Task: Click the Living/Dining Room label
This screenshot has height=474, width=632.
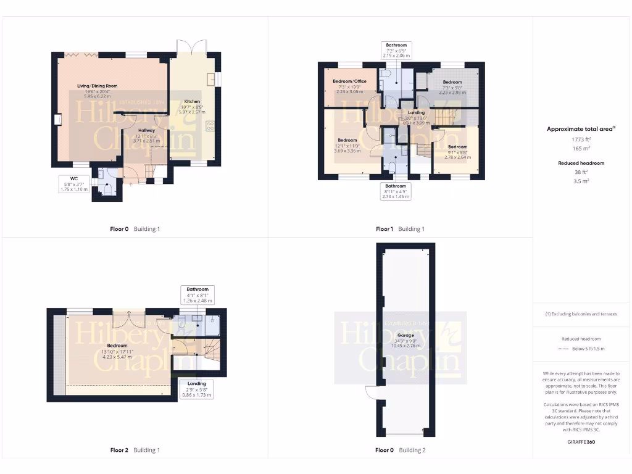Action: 97,86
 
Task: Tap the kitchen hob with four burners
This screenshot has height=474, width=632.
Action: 210,125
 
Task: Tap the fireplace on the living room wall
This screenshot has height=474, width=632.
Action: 57,120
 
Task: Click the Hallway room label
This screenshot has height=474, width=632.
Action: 146,131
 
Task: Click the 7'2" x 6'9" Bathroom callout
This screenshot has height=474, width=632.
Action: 396,50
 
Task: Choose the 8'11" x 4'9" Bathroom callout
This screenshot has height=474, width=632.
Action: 396,191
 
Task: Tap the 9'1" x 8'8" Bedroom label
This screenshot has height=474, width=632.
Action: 457,146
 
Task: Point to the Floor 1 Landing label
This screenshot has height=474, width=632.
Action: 416,112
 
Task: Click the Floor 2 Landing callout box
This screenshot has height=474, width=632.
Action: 197,389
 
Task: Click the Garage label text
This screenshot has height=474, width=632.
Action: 405,335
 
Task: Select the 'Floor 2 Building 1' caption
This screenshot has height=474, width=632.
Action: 135,450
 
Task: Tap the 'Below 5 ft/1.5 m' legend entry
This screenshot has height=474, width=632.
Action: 583,349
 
